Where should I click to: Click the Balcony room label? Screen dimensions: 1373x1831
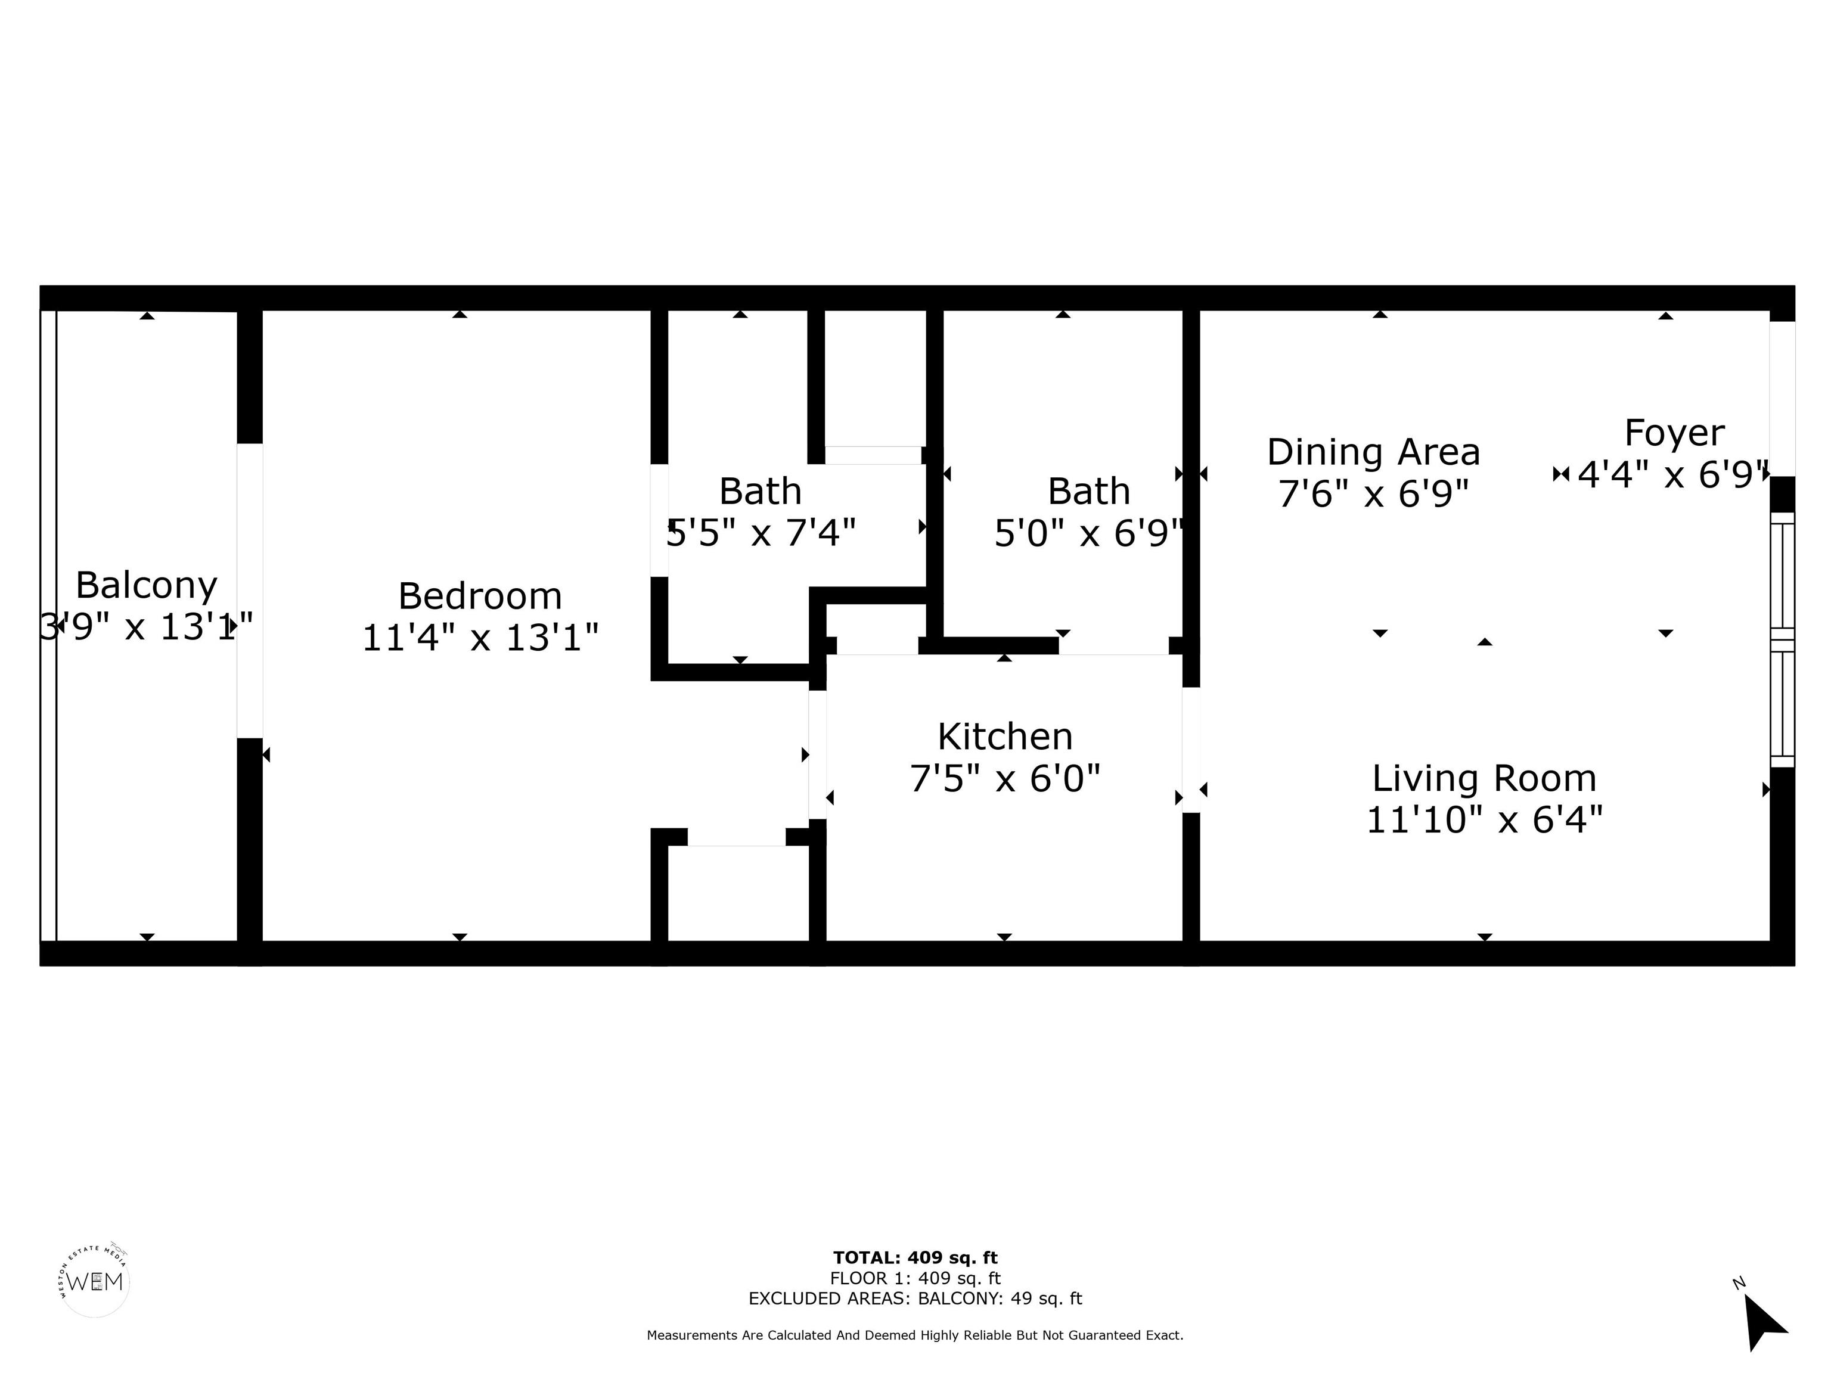pyautogui.click(x=147, y=585)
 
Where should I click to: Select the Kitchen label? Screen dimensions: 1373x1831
pyautogui.click(x=1004, y=737)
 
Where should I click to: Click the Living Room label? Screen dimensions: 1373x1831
pyautogui.click(x=1484, y=778)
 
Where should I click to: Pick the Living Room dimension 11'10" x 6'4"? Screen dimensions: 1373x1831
pyautogui.click(x=1484, y=820)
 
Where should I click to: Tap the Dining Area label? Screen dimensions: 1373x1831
pyautogui.click(x=1373, y=452)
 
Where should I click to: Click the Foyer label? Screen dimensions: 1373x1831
pyautogui.click(x=1674, y=433)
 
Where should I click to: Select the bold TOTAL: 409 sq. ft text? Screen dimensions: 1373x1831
pyautogui.click(x=915, y=1258)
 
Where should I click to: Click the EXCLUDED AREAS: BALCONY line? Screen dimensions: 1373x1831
pyautogui.click(x=915, y=1299)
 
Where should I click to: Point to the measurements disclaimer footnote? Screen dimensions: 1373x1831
pyautogui.click(x=915, y=1335)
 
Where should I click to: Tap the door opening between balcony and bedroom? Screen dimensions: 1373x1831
pyautogui.click(x=249, y=590)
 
